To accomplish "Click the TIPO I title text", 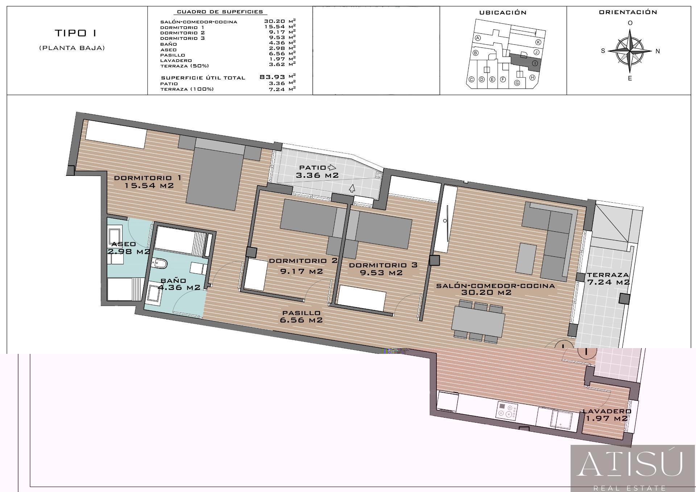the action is point(75,33).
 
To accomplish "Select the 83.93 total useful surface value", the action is point(273,77).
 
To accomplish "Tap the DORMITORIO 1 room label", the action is point(148,178).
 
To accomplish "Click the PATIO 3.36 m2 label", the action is point(318,171).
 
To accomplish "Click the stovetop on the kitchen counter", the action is point(507,411).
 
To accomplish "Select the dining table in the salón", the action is point(478,321).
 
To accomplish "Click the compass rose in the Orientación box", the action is point(630,51).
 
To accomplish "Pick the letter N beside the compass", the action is point(658,51).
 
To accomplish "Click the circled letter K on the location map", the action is point(538,42).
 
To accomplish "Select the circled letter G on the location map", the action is point(517,83).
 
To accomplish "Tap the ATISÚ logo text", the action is point(630,464).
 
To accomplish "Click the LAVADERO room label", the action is point(607,411).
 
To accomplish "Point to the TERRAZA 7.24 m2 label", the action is point(608,278).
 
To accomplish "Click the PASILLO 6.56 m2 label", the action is point(301,317).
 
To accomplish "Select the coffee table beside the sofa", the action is point(526,259).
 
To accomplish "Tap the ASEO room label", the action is point(124,244).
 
